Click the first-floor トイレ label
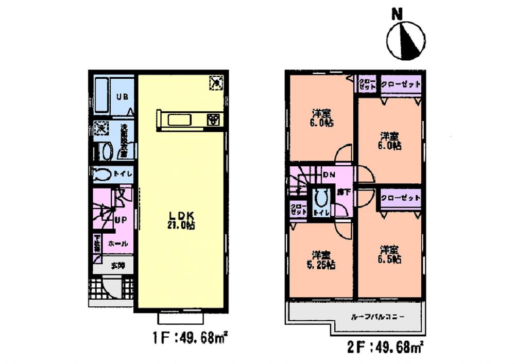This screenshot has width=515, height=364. [124, 174]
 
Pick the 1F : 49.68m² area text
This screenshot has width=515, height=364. [191, 339]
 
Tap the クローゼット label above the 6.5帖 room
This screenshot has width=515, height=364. [401, 198]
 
